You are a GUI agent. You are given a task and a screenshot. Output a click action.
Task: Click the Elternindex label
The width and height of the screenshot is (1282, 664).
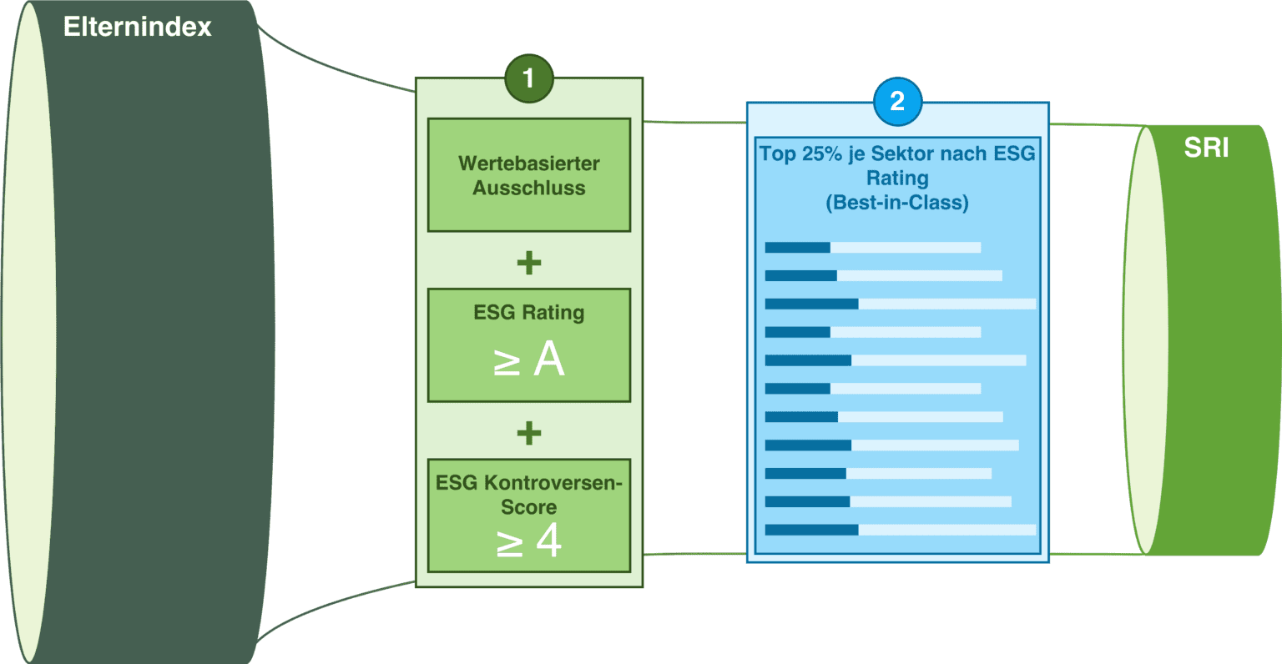(138, 27)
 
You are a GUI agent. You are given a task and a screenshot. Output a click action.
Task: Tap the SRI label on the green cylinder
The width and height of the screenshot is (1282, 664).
(1206, 148)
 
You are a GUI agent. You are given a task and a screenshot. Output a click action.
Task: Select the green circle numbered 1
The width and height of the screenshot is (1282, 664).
(528, 79)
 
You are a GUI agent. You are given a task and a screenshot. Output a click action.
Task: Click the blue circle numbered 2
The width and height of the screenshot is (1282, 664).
(897, 102)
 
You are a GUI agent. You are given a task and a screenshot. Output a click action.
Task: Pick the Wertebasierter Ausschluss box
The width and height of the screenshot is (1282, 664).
(528, 174)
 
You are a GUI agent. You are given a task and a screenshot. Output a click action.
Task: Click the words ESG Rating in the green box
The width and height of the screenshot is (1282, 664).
(528, 313)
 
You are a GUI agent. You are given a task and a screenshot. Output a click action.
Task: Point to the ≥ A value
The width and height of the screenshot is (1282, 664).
(528, 361)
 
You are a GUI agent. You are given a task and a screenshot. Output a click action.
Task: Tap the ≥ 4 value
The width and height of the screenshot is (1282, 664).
(528, 542)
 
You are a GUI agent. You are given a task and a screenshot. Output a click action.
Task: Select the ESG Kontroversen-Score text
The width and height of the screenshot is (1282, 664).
(528, 494)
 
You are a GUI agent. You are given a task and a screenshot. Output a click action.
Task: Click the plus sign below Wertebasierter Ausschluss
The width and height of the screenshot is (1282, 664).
(528, 263)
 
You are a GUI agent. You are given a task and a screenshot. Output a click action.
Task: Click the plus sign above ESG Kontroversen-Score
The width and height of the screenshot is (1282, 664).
(528, 433)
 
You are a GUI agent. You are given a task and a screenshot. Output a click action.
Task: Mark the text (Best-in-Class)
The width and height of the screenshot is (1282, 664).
(897, 203)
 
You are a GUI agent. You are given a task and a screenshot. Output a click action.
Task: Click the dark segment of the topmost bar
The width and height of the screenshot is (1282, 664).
(797, 247)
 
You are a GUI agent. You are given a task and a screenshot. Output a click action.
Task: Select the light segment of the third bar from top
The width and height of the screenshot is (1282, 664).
(946, 304)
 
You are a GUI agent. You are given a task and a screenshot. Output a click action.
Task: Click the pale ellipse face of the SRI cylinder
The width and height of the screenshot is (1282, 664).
(1147, 340)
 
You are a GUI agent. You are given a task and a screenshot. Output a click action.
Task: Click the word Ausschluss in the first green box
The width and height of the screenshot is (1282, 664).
(528, 189)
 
